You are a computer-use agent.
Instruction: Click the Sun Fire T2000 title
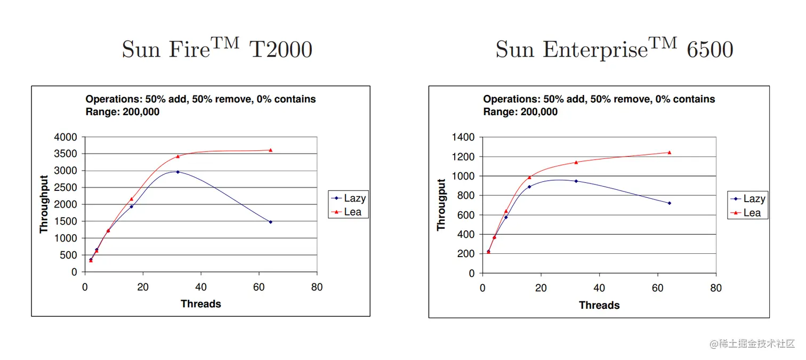point(216,50)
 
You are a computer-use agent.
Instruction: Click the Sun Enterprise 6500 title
point(614,50)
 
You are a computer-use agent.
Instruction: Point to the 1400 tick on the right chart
point(463,137)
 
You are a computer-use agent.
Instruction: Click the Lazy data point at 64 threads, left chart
point(270,222)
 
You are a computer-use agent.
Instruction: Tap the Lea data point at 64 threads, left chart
point(270,150)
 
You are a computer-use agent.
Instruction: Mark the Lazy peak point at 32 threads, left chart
point(178,172)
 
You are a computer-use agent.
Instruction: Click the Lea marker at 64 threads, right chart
point(669,153)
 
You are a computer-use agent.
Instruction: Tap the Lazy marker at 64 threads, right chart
point(669,203)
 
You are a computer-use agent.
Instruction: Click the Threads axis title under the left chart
point(200,304)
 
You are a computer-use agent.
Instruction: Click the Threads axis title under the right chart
point(599,306)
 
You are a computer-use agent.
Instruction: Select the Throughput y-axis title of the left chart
point(44,204)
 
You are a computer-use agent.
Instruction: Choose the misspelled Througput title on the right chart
point(441,205)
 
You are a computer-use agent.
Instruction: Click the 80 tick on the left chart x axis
point(317,287)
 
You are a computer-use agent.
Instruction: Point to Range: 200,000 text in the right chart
point(520,112)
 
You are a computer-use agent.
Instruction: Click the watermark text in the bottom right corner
point(752,344)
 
